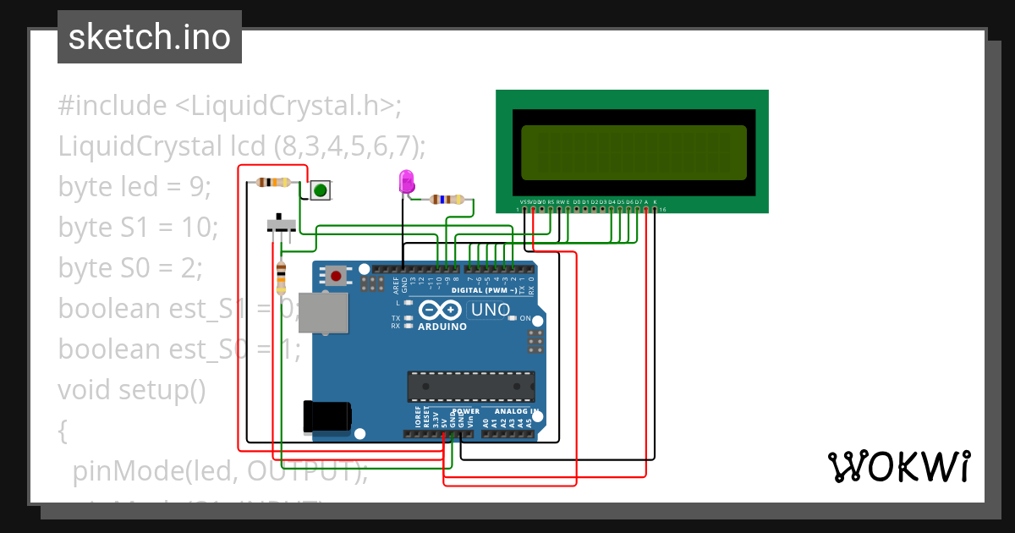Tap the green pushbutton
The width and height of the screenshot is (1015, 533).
point(320,190)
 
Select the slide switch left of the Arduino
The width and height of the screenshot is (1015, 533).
point(281,226)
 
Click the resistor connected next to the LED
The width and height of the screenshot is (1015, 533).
point(447,200)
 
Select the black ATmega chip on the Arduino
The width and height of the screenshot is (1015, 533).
point(471,386)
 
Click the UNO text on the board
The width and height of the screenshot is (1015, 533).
point(491,310)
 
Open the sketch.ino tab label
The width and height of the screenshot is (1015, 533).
point(150,37)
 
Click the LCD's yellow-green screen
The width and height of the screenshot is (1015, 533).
point(634,153)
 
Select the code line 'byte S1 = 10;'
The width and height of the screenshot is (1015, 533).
point(138,227)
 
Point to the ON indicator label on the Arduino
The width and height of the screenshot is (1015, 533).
point(524,319)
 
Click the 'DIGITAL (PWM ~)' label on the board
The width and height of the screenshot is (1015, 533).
point(484,290)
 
